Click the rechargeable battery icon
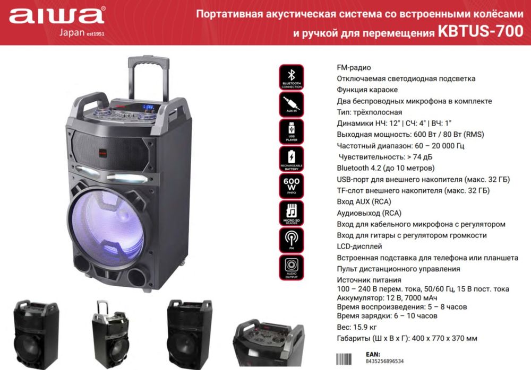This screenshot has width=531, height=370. point(292,158)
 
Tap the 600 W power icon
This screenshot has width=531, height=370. point(292,185)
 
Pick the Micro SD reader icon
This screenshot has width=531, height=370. point(292,213)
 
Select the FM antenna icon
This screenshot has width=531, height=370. point(292,239)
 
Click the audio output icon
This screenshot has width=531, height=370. point(292,266)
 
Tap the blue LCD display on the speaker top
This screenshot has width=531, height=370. point(150,108)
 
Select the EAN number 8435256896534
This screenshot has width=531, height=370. point(385,361)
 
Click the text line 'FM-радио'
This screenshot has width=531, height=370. point(354,67)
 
